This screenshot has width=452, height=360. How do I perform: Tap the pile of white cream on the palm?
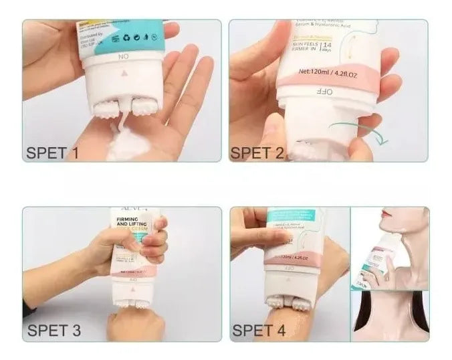[x=131, y=145]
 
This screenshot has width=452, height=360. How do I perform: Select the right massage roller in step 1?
[x=143, y=106]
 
